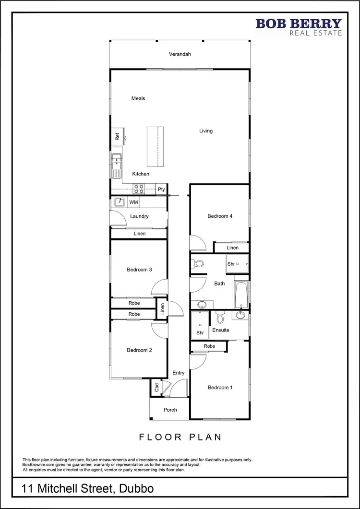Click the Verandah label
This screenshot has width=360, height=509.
coord(180,54)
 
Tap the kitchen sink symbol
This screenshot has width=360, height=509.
coord(116,166)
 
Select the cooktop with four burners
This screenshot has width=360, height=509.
coord(139,189)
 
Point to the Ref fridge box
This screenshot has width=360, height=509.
coord(117,136)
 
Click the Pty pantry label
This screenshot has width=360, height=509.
coord(162,189)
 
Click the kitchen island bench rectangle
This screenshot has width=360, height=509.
coord(155,146)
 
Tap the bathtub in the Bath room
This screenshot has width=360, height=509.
coord(241,295)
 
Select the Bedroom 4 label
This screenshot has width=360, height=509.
coord(220,216)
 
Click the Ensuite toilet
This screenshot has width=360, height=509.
coord(220,318)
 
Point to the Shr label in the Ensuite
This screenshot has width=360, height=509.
coord(200,332)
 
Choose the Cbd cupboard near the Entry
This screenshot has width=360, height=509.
coord(156,387)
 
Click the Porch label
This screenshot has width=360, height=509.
coord(170,410)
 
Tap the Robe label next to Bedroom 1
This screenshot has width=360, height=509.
coord(209,346)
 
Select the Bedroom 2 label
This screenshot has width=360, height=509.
coord(139,350)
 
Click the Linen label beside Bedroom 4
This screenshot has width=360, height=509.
coord(233,248)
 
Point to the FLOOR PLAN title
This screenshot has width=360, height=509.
coord(180,437)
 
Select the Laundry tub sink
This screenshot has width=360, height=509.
coord(120,202)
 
